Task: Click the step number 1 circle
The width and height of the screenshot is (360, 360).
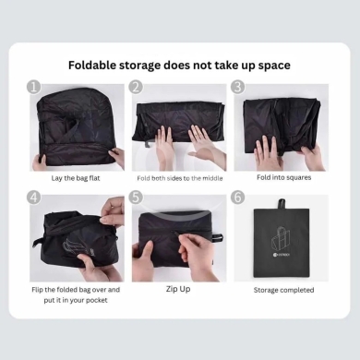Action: coord(34,87)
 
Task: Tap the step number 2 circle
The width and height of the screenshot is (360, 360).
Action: coord(136,87)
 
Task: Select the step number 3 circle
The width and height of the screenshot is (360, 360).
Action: coord(238,87)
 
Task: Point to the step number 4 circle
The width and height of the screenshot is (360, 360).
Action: coord(34,197)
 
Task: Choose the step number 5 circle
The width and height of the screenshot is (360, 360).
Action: coord(136,197)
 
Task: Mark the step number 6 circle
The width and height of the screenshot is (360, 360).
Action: coord(238,197)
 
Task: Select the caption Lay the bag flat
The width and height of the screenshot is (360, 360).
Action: coord(76,178)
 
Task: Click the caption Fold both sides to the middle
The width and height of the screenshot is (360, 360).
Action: coord(180,178)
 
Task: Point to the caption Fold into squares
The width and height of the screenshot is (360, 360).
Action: coord(284,177)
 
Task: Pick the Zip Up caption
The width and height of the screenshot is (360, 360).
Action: coord(178,289)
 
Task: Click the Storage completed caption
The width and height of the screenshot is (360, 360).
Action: coord(284,290)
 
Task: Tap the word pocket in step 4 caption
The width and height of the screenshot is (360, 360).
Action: coord(96,300)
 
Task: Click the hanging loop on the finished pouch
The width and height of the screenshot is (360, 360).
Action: coord(282,204)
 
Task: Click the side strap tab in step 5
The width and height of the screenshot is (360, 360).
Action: coord(218,237)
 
